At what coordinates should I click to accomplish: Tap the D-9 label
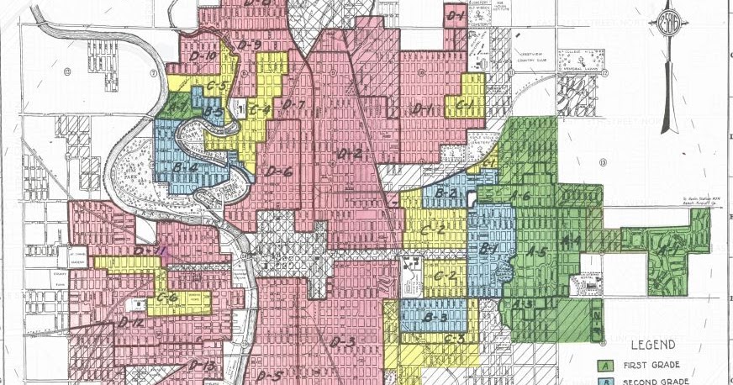249,45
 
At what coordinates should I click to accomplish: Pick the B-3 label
435,317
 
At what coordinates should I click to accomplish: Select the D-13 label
203,366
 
